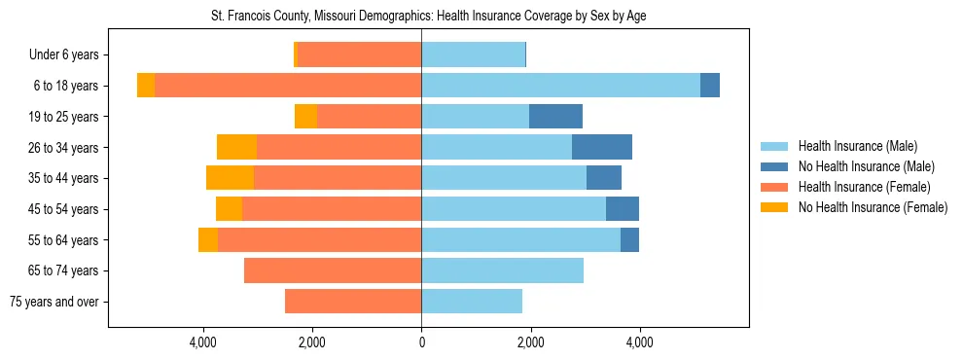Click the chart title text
pyautogui.click(x=428, y=17)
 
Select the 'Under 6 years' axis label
pyautogui.click(x=70, y=54)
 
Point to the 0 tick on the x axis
pyautogui.click(x=421, y=342)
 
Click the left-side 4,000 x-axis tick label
pyautogui.click(x=203, y=342)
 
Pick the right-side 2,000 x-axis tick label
pyautogui.click(x=530, y=342)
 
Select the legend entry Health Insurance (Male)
pyautogui.click(x=857, y=146)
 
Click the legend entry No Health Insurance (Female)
pyautogui.click(x=873, y=207)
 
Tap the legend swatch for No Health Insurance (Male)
pyautogui.click(x=775, y=166)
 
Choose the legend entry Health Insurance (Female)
pyautogui.click(x=864, y=187)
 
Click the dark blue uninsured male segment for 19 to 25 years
pyautogui.click(x=555, y=117)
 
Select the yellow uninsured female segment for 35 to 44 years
pyautogui.click(x=230, y=178)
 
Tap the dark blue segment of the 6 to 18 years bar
pyautogui.click(x=710, y=86)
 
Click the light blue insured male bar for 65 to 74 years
pyautogui.click(x=502, y=270)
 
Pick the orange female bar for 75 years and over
pyautogui.click(x=353, y=302)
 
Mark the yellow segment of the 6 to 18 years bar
pyautogui.click(x=146, y=86)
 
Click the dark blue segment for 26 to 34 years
pyautogui.click(x=602, y=147)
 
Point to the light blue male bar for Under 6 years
pyautogui.click(x=473, y=54)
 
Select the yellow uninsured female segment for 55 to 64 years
pyautogui.click(x=208, y=239)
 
